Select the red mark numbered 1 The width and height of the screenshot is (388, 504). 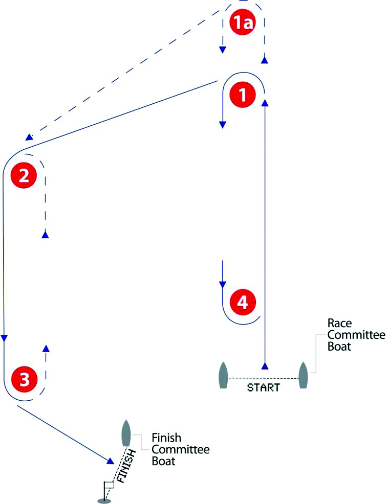point(242,95)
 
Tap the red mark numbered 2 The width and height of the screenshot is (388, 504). point(24,176)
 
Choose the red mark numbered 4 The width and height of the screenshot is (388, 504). point(242,302)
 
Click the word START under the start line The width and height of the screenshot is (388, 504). point(264,387)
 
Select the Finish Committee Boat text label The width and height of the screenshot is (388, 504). point(174,449)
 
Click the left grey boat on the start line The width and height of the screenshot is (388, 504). point(223,375)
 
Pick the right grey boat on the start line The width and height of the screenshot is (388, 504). point(303,375)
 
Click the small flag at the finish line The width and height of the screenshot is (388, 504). point(109,485)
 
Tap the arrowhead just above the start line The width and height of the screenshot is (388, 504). point(265,366)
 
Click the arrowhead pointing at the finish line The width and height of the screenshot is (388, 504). point(110,461)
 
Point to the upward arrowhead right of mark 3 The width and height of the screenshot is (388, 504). point(46,348)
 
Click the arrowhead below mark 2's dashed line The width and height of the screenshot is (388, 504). point(45,235)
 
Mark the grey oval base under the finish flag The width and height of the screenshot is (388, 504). point(104,501)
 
